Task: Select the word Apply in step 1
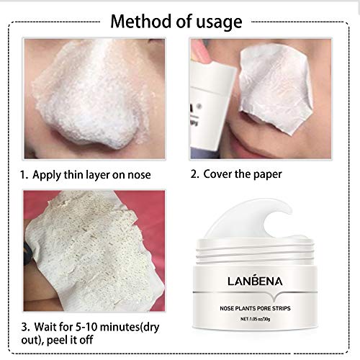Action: coord(54,174)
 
